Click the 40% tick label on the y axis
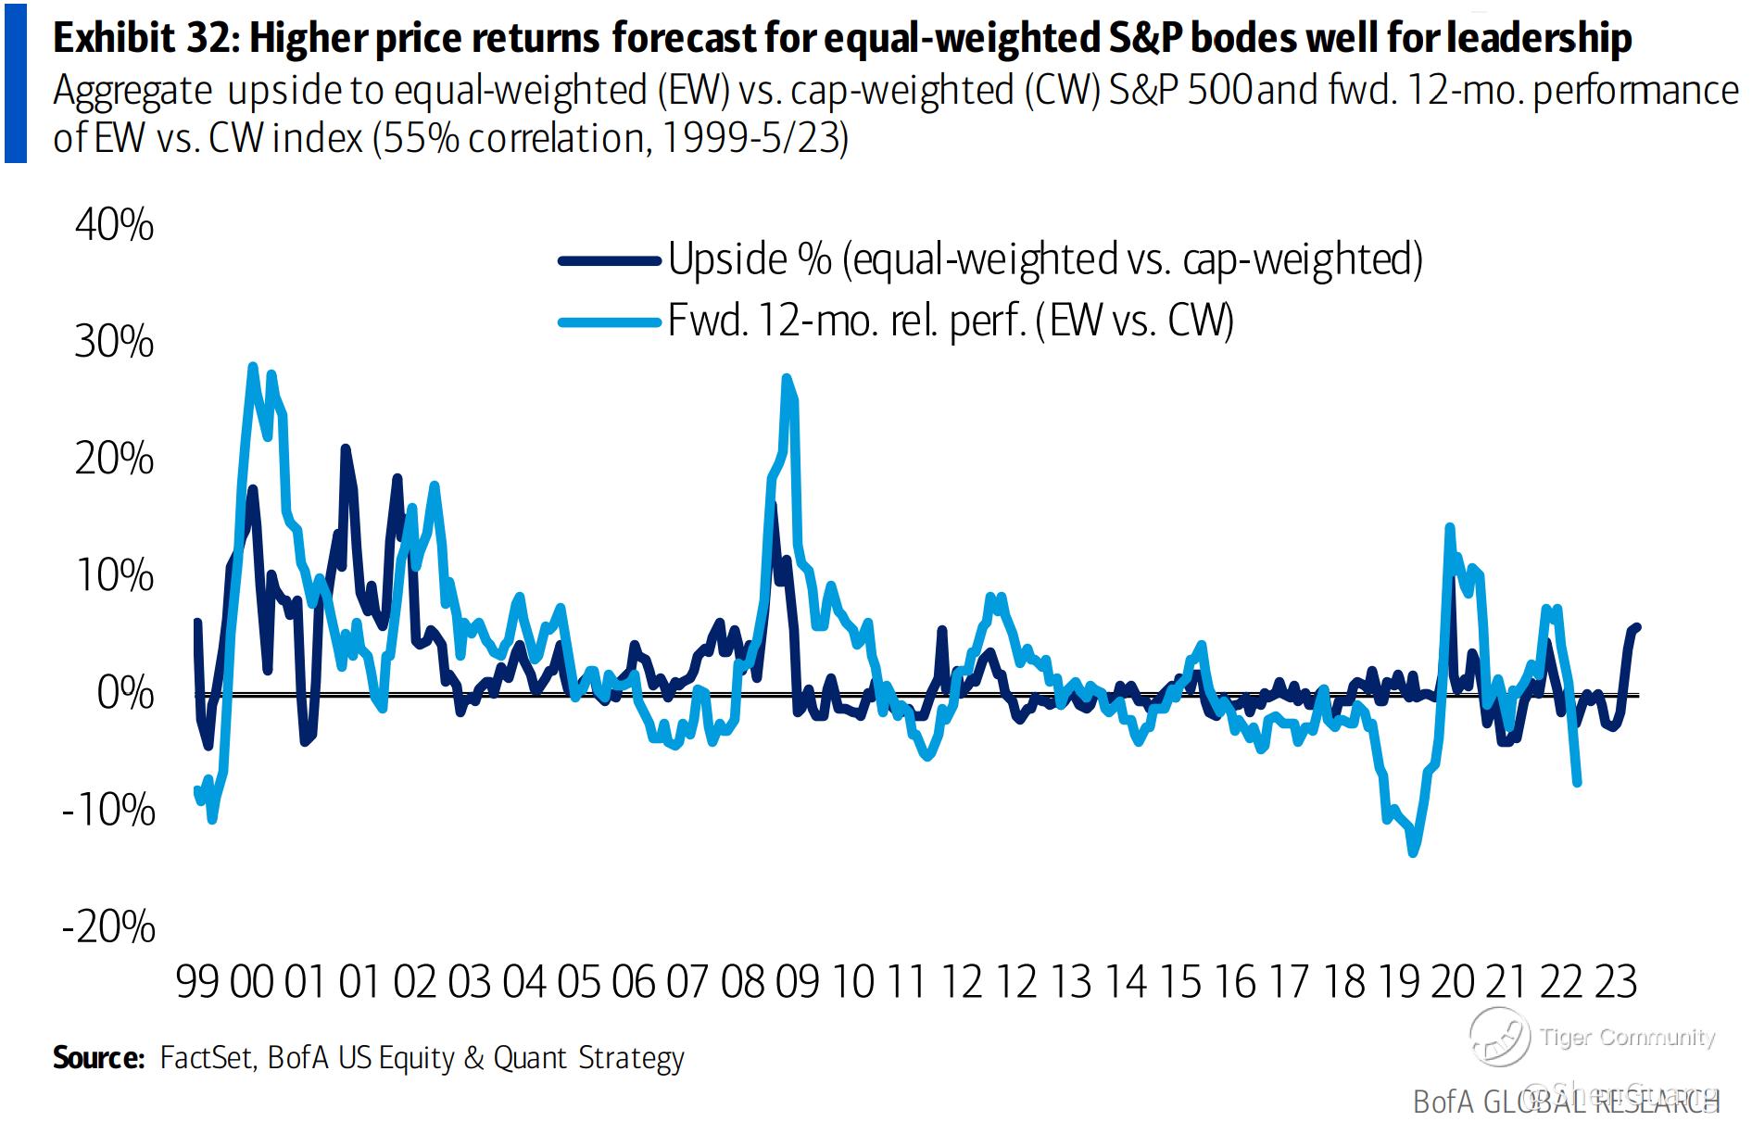[x=115, y=225]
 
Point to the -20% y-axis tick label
[x=108, y=926]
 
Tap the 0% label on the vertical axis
[x=125, y=693]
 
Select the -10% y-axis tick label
[x=108, y=810]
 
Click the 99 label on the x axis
[x=197, y=982]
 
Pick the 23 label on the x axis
[x=1616, y=982]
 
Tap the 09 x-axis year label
[x=797, y=982]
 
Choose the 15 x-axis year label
[x=1179, y=982]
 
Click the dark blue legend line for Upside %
[x=609, y=261]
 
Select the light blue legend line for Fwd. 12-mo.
[x=609, y=322]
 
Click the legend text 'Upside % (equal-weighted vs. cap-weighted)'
[x=1044, y=259]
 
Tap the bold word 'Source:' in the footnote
[x=98, y=1057]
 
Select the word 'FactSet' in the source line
[x=206, y=1057]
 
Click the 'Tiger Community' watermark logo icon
[x=1499, y=1036]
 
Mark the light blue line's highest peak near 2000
[x=253, y=367]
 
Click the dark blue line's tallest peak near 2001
[x=345, y=448]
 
